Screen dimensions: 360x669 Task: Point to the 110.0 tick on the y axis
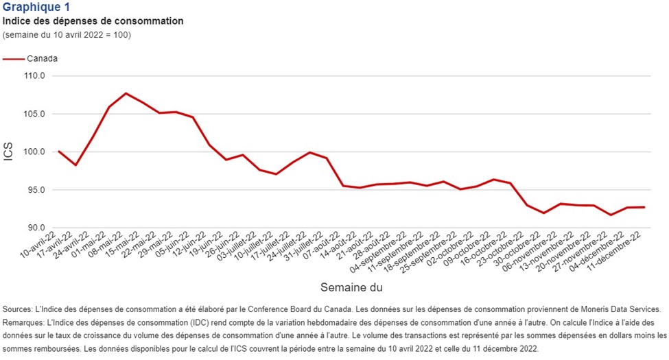click(x=35, y=76)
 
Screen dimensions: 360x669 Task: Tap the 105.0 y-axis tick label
click(x=35, y=114)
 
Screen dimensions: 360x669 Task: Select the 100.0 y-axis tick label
click(x=35, y=152)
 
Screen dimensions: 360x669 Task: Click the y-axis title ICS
click(x=9, y=152)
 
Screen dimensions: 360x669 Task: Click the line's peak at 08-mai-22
click(x=126, y=93)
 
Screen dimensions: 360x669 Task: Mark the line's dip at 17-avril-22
click(x=75, y=165)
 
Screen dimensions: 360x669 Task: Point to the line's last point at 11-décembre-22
click(x=644, y=207)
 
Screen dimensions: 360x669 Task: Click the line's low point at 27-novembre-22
click(x=611, y=215)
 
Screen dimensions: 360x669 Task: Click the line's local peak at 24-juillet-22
click(x=310, y=152)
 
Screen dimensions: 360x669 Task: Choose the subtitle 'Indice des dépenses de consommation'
click(x=93, y=21)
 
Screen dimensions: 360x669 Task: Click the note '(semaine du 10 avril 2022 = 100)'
click(x=67, y=34)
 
